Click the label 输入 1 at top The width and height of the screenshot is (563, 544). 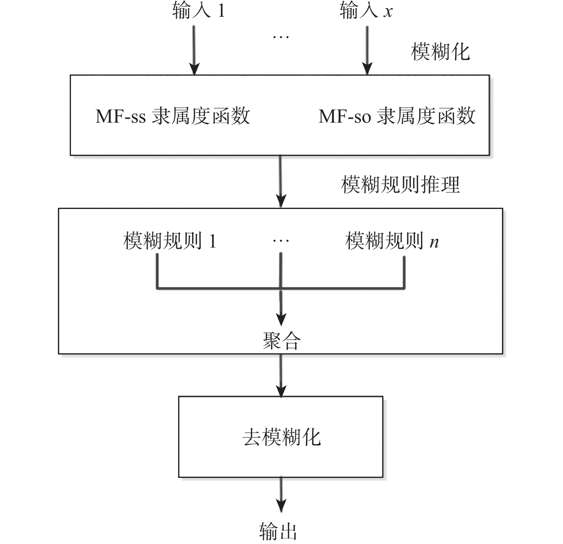[x=198, y=10]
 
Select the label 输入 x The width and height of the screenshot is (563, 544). [x=366, y=10]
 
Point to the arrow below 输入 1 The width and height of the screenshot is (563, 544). [x=195, y=50]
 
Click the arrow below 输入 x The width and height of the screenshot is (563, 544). [x=367, y=50]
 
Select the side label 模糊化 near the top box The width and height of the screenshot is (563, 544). [x=440, y=52]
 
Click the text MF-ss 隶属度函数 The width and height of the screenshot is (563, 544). [x=172, y=116]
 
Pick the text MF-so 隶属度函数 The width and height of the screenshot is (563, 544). [x=397, y=116]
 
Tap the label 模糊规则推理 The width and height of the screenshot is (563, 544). [x=401, y=185]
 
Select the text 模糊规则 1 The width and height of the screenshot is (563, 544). [x=170, y=241]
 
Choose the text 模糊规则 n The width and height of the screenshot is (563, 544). [x=392, y=241]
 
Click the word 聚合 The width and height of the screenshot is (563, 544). [x=282, y=341]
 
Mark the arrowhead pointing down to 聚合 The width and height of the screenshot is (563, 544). [x=281, y=319]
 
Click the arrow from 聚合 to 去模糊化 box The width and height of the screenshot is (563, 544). [x=281, y=375]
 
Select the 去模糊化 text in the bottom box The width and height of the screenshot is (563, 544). [x=281, y=437]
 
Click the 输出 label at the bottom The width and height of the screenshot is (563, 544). [x=278, y=531]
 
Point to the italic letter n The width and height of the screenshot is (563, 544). [x=434, y=242]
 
